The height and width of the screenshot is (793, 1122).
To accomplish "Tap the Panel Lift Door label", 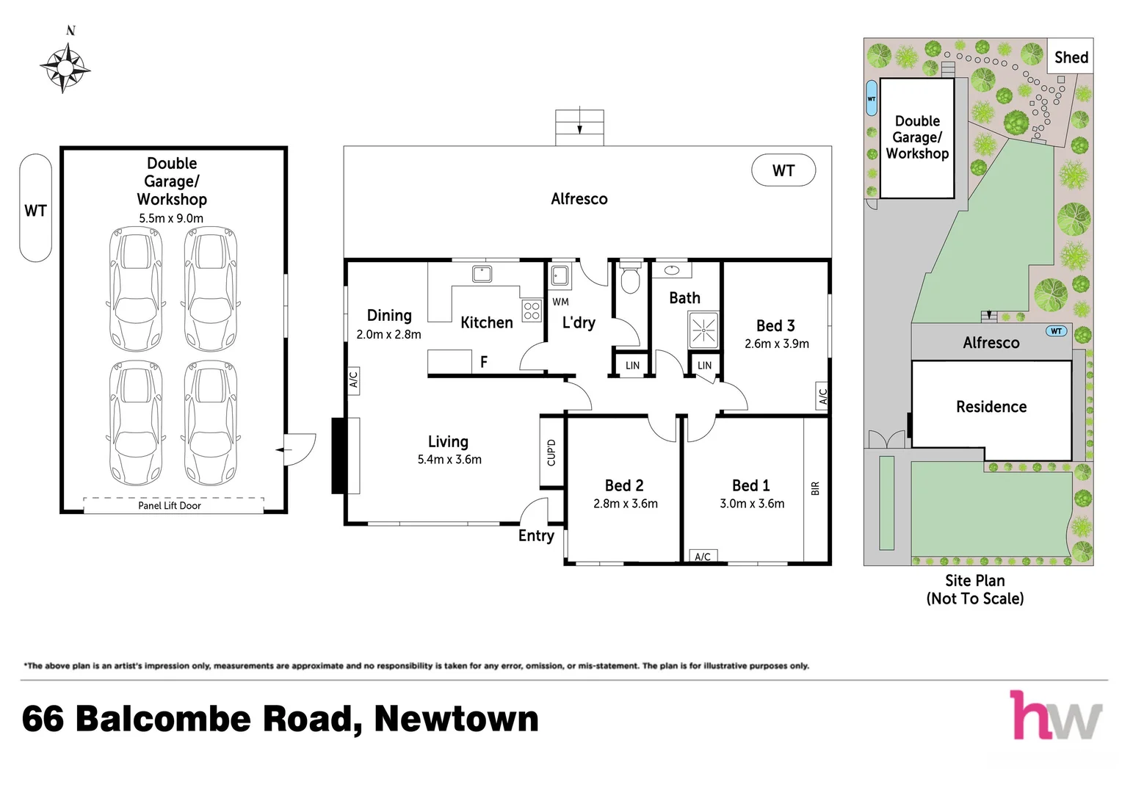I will (x=170, y=505).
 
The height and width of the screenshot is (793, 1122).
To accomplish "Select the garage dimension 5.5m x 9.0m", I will (x=171, y=218).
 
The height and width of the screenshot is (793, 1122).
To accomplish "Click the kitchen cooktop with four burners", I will (x=532, y=311).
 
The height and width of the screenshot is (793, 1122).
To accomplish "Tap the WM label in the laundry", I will (x=560, y=302).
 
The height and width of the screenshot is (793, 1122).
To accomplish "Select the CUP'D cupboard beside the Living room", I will (x=551, y=452).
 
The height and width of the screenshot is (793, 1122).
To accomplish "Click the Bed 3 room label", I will (x=775, y=325).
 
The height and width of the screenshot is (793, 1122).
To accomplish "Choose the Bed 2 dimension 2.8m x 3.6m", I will (x=626, y=504).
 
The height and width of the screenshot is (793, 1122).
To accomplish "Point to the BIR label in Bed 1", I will (x=815, y=488).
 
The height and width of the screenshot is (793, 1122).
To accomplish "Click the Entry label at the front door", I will (x=536, y=536).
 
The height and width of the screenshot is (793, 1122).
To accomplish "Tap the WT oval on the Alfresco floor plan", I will (x=783, y=170).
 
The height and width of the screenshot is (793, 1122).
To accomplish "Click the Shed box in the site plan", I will (x=1071, y=57).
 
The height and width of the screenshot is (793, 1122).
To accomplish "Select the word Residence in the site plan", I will (x=991, y=407).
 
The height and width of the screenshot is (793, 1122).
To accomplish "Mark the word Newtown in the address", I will (x=456, y=719).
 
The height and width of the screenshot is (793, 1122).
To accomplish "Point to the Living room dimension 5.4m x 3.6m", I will (x=449, y=460).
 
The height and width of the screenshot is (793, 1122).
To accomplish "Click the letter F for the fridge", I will (x=484, y=361).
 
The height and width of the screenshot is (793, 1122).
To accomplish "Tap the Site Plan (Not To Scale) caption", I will (x=975, y=590).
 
